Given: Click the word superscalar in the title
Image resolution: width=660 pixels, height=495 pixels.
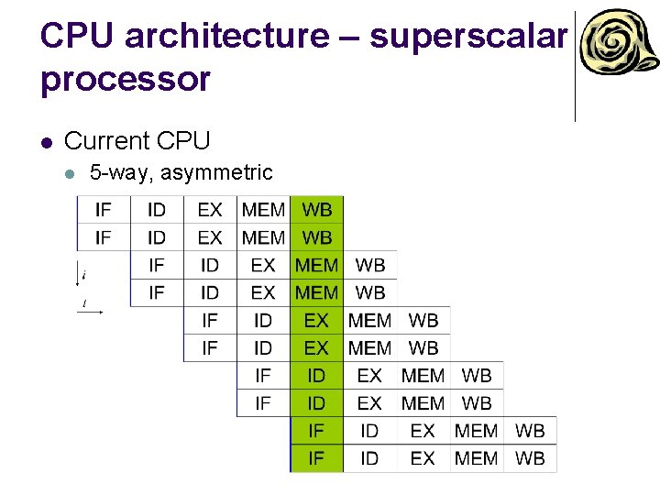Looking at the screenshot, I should tap(468, 36).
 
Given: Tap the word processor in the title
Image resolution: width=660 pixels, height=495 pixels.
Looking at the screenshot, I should tap(125, 79).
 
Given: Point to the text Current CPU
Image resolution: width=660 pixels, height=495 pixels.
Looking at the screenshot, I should tap(137, 141).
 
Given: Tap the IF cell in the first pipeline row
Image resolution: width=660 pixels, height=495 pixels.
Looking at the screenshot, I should tap(104, 210).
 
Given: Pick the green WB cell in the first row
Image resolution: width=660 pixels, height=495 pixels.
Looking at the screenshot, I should tap(317, 210).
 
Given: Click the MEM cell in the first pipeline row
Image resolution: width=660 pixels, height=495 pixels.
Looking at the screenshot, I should tap(263, 210).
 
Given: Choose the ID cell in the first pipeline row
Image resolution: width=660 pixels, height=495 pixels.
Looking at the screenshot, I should tap(157, 210).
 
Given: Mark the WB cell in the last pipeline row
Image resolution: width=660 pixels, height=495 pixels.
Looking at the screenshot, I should tap(530, 458).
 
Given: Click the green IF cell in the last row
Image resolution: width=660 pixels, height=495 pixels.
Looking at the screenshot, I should tap(316, 458).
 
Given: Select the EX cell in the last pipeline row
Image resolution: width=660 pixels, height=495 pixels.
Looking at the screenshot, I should tap(423, 458).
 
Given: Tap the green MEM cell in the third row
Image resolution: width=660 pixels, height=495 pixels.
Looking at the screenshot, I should tap(316, 265).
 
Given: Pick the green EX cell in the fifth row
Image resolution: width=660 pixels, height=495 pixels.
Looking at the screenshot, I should tap(316, 321).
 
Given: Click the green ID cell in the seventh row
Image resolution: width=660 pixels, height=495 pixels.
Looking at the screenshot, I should tap(316, 376).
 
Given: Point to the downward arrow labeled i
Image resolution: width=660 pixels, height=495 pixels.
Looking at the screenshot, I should tap(80, 274).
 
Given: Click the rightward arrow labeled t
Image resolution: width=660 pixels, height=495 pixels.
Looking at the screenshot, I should tap(91, 311).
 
